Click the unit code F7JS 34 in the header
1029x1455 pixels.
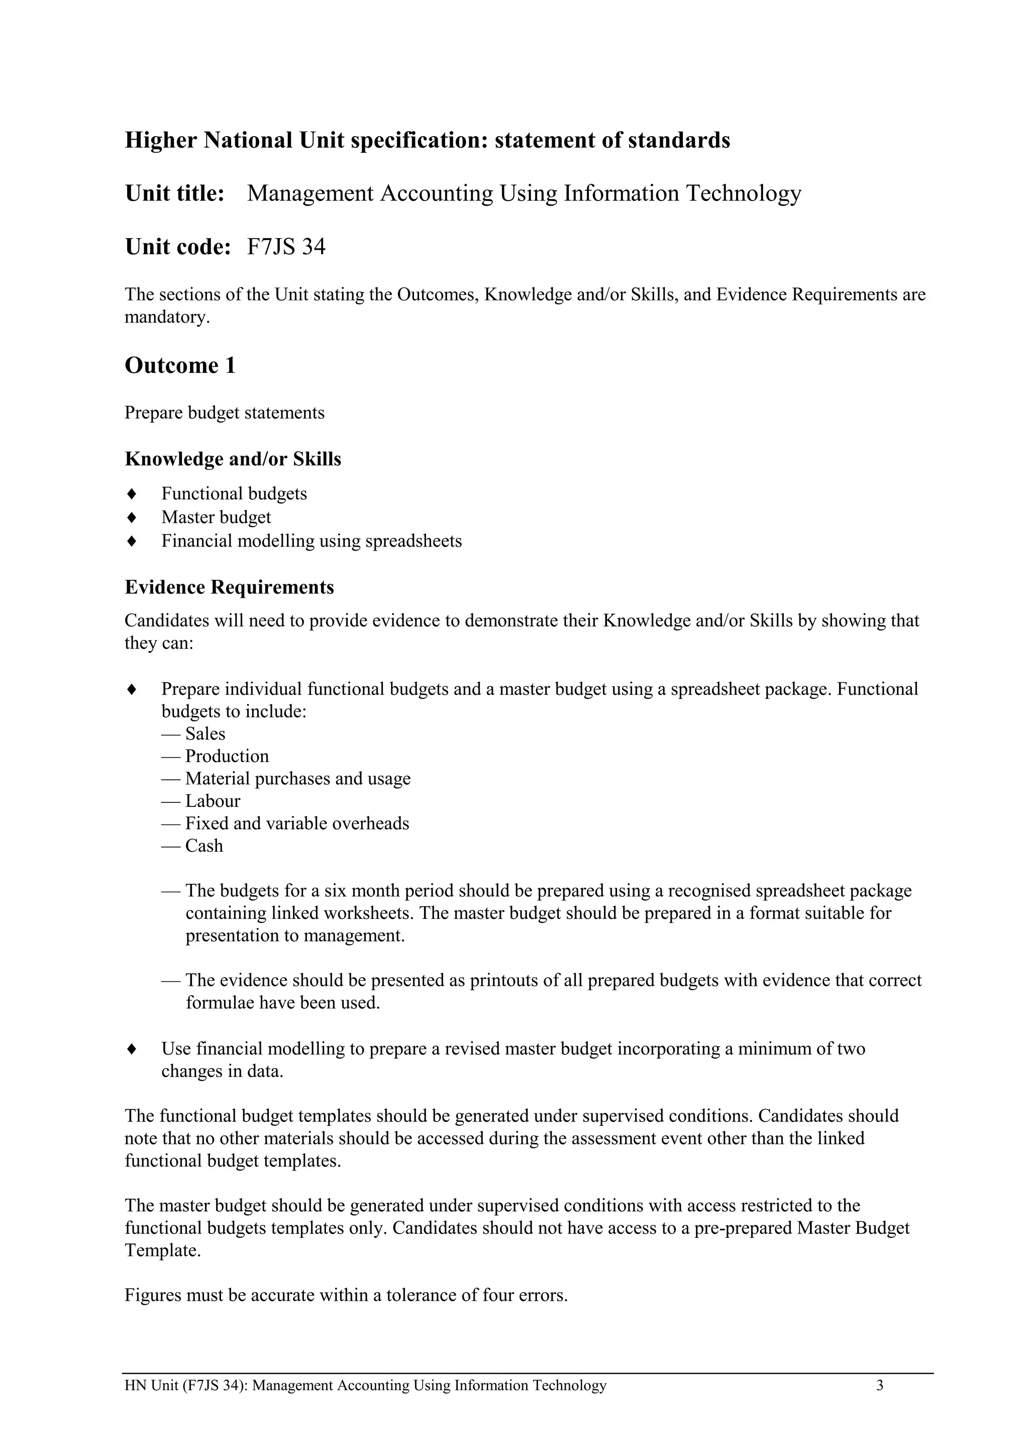[286, 247]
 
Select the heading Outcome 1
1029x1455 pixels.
[180, 366]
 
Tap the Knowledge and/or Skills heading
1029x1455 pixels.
[233, 459]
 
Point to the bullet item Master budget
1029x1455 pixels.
[216, 518]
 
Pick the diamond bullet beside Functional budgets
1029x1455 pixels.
[132, 494]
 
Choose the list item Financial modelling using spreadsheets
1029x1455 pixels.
[311, 541]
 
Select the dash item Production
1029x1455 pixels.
[226, 756]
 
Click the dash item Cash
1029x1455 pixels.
[203, 846]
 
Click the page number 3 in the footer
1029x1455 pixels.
[879, 1385]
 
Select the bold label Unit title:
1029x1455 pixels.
[175, 193]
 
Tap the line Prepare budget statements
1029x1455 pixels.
[224, 413]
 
